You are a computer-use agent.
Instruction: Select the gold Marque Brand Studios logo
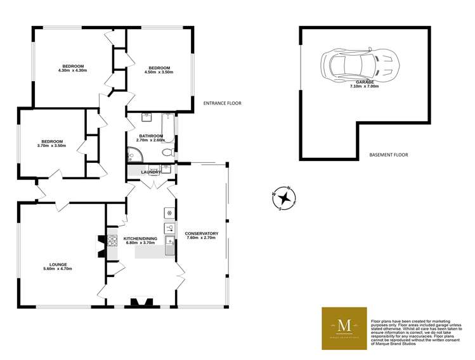344,328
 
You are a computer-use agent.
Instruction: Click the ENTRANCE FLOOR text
222,103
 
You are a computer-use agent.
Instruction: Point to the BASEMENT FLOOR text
388,155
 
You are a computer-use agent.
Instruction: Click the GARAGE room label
364,82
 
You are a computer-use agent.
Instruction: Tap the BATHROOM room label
152,136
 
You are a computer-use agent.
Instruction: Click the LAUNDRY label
150,172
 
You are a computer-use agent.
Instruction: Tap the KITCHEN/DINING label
141,238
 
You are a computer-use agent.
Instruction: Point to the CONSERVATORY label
202,234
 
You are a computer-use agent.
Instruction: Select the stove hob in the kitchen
112,241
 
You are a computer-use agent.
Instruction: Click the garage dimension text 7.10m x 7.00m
364,86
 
